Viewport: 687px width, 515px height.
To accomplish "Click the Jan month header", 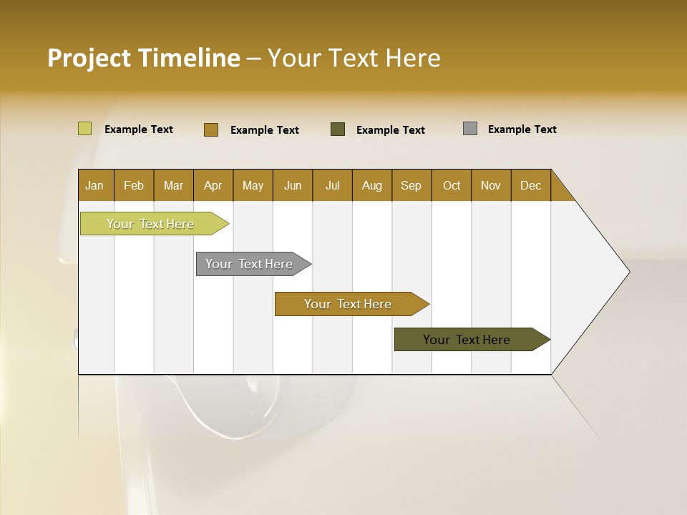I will (95, 185).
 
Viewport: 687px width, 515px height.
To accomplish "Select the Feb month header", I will (134, 185).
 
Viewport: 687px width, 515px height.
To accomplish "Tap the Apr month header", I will (213, 185).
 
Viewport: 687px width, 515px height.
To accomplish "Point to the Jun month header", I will (293, 185).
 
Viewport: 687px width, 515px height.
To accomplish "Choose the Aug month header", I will (372, 185).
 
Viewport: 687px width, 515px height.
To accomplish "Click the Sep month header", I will (411, 185).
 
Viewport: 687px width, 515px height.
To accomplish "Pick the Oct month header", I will (452, 185).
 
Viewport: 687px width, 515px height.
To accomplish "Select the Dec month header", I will (531, 185).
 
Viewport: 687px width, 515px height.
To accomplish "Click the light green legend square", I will (85, 129).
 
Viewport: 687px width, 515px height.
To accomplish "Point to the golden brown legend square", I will (211, 129).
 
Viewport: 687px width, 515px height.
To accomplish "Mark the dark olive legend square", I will (338, 129).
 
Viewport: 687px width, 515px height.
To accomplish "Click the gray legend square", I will (470, 129).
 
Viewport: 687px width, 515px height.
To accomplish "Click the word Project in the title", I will (89, 58).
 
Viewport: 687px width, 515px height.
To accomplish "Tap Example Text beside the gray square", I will (522, 129).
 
